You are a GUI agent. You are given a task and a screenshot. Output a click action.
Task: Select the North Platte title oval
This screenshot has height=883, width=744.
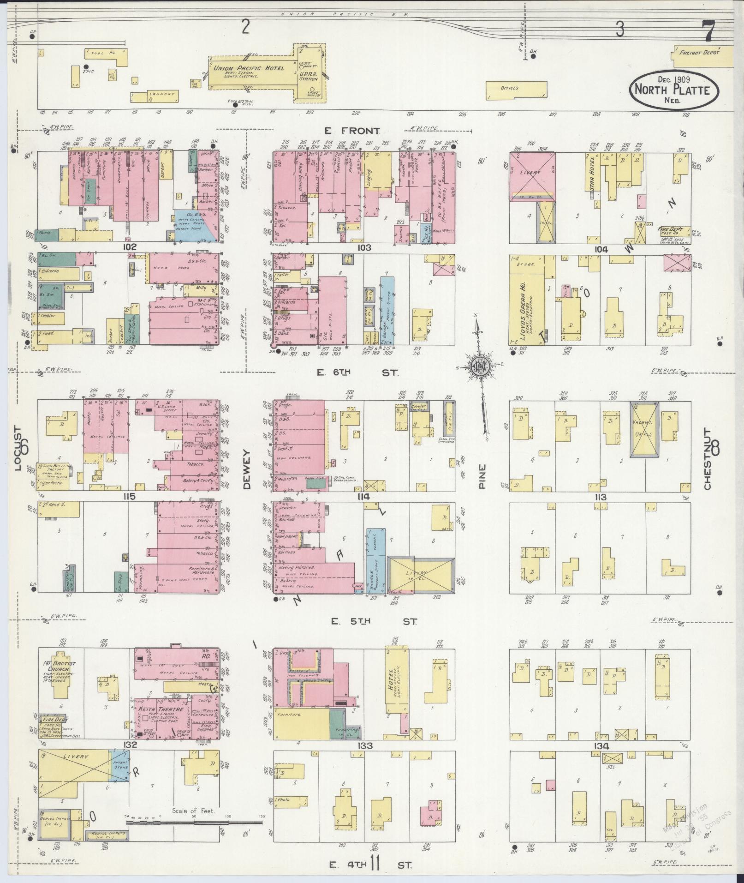point(673,89)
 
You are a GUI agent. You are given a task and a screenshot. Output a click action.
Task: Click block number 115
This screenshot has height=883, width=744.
point(129,497)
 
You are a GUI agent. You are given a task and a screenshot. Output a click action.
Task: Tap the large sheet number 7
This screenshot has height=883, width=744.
point(707,32)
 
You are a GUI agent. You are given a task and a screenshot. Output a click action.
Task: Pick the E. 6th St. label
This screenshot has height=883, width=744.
point(357,372)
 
